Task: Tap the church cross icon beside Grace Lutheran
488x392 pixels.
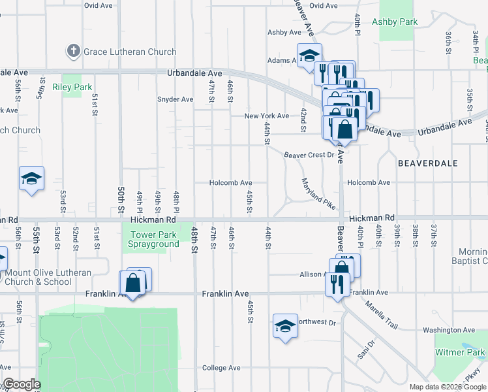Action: tap(73, 51)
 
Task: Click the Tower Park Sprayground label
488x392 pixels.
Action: tap(155, 239)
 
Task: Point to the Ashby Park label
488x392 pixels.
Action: tap(394, 22)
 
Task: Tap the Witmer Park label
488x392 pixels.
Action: tap(460, 353)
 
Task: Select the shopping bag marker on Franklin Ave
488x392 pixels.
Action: tap(133, 284)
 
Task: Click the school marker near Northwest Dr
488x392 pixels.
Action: tap(285, 325)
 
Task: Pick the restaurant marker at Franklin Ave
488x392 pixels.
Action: tap(337, 284)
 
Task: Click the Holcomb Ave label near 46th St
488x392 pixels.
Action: tap(230, 183)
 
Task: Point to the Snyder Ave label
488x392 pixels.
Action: tap(175, 100)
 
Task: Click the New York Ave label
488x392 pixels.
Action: tap(266, 116)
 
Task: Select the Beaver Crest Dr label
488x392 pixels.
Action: tap(309, 155)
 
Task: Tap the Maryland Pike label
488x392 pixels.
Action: tap(318, 193)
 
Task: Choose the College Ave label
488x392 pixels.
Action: tap(221, 368)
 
